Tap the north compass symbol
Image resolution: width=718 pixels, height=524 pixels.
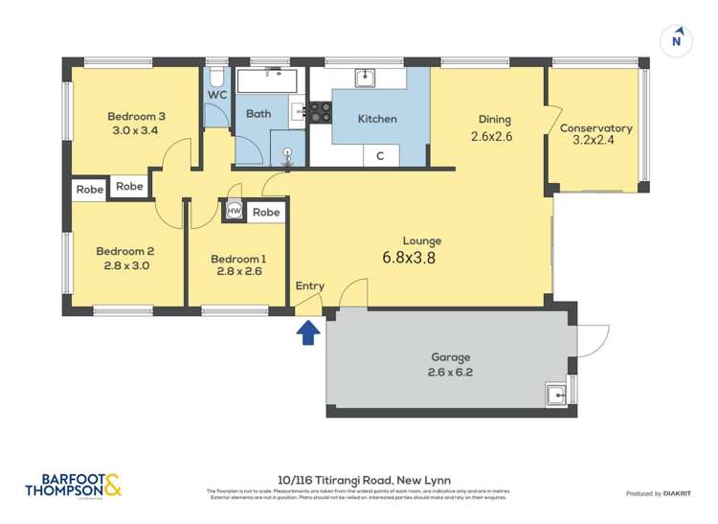(677, 40)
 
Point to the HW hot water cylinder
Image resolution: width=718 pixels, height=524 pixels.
(234, 212)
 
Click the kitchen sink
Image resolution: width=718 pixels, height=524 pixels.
(365, 78)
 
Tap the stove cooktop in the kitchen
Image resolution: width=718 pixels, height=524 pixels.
(320, 113)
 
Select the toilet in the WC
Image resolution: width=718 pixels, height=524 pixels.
(216, 78)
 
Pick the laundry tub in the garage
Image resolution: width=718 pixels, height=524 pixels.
(555, 393)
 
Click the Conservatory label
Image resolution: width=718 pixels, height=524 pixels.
(595, 128)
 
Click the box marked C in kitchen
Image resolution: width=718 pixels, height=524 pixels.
(380, 156)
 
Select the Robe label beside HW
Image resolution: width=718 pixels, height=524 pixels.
(267, 212)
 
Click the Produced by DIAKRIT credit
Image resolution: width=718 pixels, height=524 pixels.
(662, 493)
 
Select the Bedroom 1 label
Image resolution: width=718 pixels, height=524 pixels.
(238, 259)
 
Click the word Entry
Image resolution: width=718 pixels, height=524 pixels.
(309, 285)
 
